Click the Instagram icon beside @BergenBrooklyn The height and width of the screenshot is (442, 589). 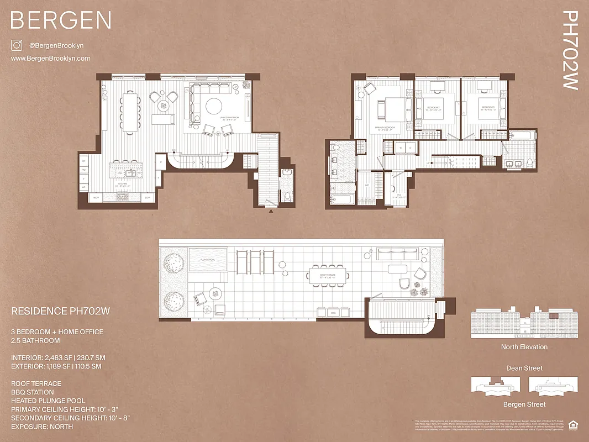tap(16, 46)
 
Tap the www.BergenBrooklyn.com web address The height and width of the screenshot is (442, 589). tap(51, 58)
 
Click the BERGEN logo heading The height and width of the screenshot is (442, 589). tap(61, 20)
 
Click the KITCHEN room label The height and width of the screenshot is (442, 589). tap(123, 184)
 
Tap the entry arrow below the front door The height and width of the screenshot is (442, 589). tap(271, 211)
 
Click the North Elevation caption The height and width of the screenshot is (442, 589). tap(524, 347)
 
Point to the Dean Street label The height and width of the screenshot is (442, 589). tap(524, 368)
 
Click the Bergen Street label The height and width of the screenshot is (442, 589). tap(524, 404)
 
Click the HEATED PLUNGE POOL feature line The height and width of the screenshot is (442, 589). tap(48, 401)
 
